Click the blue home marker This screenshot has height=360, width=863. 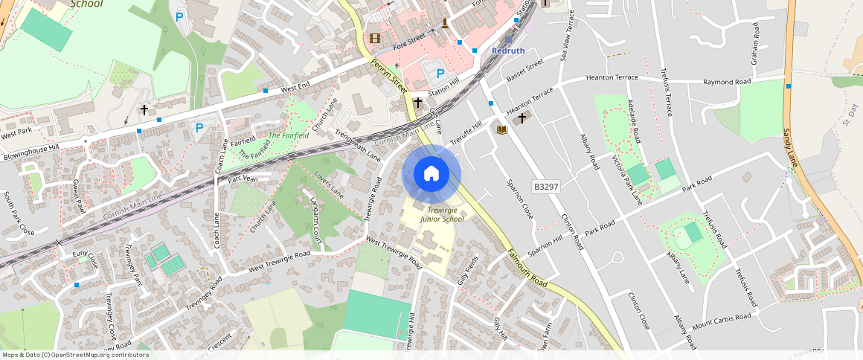[431, 174]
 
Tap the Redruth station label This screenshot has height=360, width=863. [508, 51]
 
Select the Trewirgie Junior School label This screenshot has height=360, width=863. [442, 215]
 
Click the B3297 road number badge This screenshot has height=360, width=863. [545, 187]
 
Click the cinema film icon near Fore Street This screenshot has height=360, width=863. [374, 38]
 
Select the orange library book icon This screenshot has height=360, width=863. [501, 130]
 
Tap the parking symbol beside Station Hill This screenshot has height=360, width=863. [440, 74]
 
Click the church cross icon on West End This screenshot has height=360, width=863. [144, 109]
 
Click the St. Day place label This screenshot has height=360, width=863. [850, 116]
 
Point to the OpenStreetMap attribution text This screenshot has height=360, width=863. [74, 355]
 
